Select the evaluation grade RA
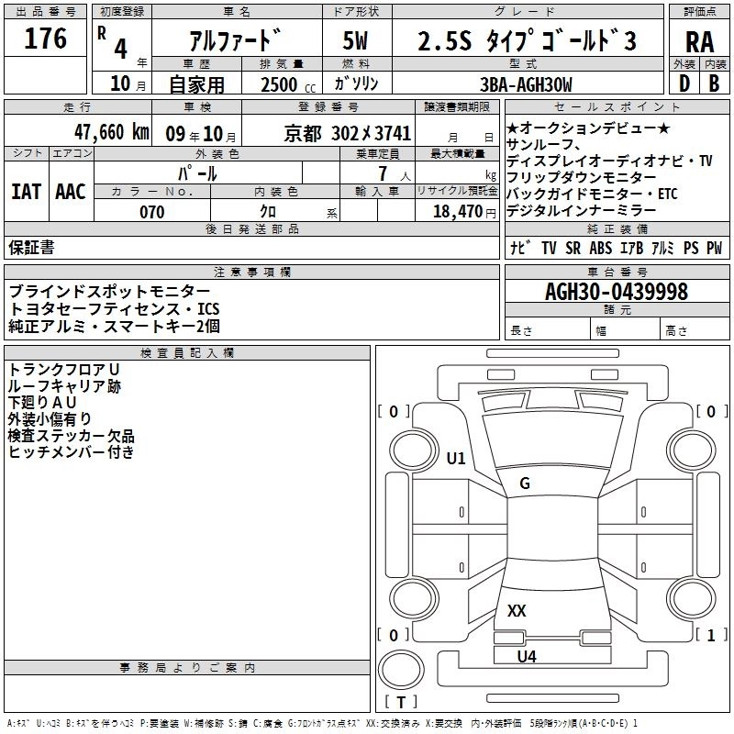click(699, 41)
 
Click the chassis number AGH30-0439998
click(616, 292)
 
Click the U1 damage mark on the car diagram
click(456, 458)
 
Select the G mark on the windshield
click(525, 484)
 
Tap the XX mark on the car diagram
click(517, 610)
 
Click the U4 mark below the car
click(526, 656)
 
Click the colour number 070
click(151, 212)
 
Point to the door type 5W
click(355, 41)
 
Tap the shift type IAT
click(26, 192)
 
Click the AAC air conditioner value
click(70, 192)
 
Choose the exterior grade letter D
click(684, 83)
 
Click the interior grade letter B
click(714, 83)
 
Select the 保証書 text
click(31, 248)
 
